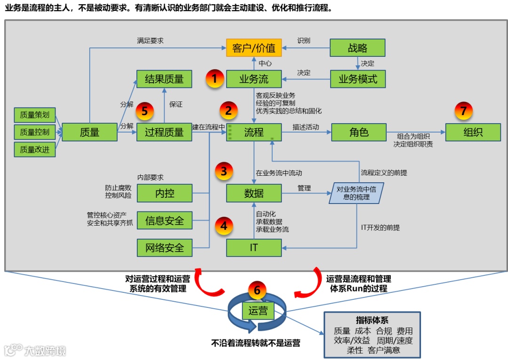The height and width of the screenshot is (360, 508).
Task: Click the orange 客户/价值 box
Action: pyautogui.click(x=254, y=48)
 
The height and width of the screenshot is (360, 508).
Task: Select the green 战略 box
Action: pyautogui.click(x=357, y=48)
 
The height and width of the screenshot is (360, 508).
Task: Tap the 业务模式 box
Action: pyautogui.click(x=357, y=79)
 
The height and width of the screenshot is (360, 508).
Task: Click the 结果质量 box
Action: pyautogui.click(x=164, y=79)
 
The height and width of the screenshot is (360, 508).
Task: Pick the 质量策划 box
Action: pyautogui.click(x=34, y=114)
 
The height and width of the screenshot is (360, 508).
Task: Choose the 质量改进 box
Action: pyautogui.click(x=34, y=150)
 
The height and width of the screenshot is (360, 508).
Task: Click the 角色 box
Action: pyautogui.click(x=358, y=133)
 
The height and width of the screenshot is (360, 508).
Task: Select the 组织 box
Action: pyautogui.click(x=473, y=133)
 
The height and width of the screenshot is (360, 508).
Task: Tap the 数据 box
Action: pyautogui.click(x=254, y=193)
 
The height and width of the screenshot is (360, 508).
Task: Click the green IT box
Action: pyautogui.click(x=254, y=247)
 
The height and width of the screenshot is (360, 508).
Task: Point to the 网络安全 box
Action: pyautogui.click(x=164, y=247)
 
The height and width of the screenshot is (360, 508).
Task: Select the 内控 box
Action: pyautogui.click(x=164, y=193)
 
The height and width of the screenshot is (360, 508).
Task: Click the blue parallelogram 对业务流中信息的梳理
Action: pyautogui.click(x=356, y=193)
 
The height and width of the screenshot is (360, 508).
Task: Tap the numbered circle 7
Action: pyautogui.click(x=463, y=111)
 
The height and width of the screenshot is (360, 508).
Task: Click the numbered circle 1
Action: pyautogui.click(x=214, y=78)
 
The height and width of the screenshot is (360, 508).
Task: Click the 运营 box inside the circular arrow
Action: pyautogui.click(x=258, y=311)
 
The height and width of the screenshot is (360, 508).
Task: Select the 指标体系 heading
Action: pyautogui.click(x=372, y=321)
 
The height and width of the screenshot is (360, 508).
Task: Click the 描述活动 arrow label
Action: pyautogui.click(x=305, y=127)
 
